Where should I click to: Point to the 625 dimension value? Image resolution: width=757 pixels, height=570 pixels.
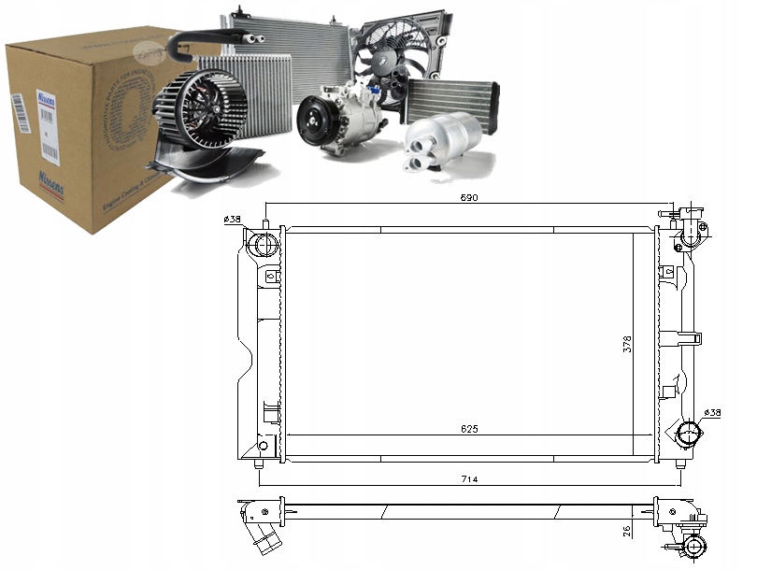(x=469, y=429)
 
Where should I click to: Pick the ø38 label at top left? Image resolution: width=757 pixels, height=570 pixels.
(x=233, y=221)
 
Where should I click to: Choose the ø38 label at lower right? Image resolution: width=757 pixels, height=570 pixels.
(x=712, y=412)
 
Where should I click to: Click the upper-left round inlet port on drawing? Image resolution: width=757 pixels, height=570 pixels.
(x=263, y=245)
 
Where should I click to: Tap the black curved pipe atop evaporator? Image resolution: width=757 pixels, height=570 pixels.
(x=206, y=37)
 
